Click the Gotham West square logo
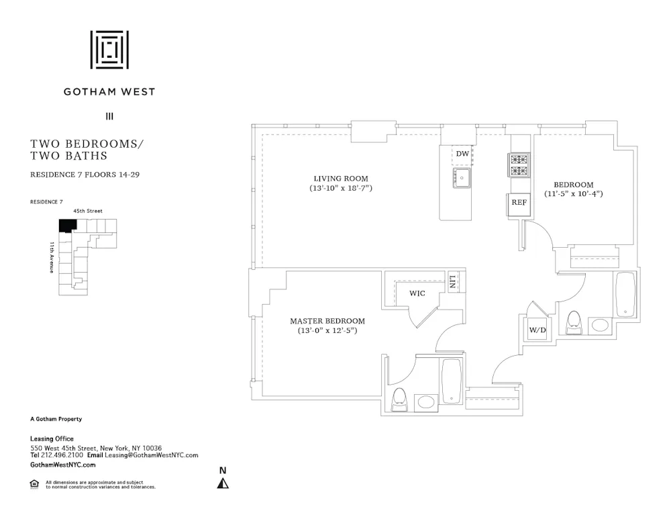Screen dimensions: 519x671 point(109,50)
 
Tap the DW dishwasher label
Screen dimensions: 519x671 point(462,154)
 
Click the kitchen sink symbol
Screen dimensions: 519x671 point(462,178)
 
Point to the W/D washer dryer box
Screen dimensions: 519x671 point(537,330)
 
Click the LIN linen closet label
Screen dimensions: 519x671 point(454,281)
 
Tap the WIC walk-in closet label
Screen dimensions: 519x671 point(417,293)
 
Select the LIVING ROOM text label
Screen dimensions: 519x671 point(341,179)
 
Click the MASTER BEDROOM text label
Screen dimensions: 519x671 point(327,321)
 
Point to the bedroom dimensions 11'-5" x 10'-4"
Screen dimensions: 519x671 point(573,194)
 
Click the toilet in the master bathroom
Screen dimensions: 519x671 point(399,399)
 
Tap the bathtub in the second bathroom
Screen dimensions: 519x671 point(624,293)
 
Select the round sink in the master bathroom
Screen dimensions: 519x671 point(425,402)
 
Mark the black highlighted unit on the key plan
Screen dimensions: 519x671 point(66,226)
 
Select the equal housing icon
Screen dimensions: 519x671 point(34,484)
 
